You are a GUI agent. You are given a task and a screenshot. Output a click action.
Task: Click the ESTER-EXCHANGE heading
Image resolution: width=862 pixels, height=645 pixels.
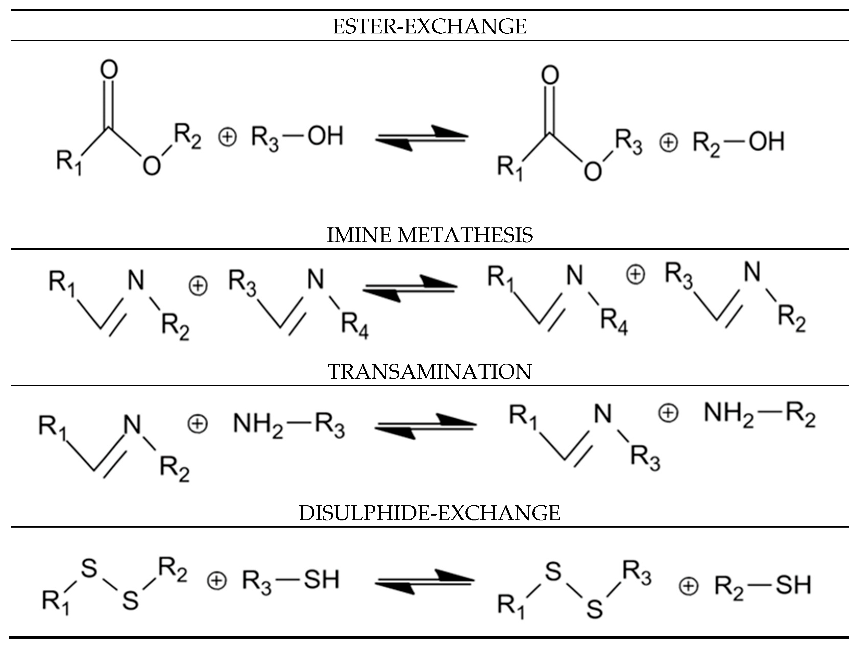pyautogui.click(x=429, y=27)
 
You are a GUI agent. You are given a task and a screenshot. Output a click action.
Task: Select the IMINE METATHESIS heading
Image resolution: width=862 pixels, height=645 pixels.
pyautogui.click(x=429, y=235)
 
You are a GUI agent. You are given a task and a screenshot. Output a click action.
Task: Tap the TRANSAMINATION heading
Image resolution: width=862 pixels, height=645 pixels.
pyautogui.click(x=429, y=372)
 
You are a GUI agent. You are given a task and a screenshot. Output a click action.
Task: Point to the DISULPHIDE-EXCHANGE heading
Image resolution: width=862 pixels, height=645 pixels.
pyautogui.click(x=429, y=513)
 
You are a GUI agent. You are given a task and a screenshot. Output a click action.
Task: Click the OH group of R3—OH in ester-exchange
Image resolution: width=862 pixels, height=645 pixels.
pyautogui.click(x=325, y=136)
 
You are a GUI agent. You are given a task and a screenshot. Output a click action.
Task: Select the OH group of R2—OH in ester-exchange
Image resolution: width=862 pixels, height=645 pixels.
pyautogui.click(x=766, y=141)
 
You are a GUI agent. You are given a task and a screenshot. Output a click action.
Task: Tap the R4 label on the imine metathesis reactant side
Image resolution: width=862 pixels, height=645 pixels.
pyautogui.click(x=355, y=326)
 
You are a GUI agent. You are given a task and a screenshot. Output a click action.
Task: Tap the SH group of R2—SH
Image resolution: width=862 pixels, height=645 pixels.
pyautogui.click(x=793, y=585)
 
